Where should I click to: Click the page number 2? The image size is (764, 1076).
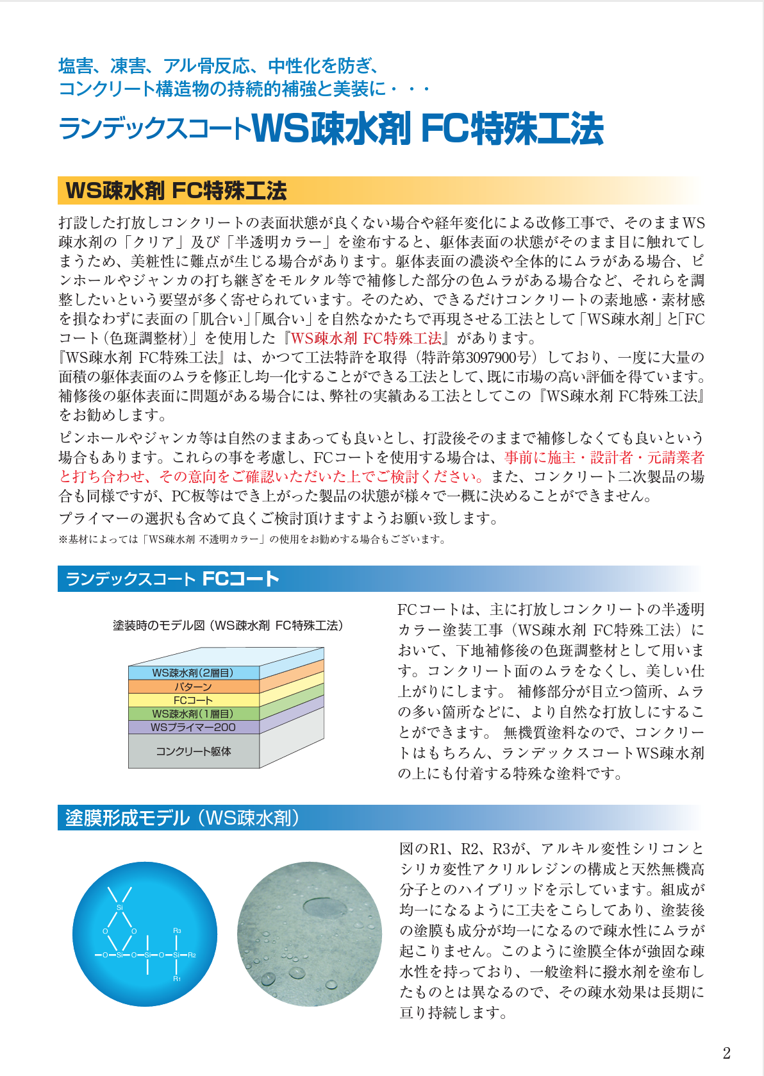(726, 1053)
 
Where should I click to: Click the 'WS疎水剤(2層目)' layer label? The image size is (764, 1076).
(193, 673)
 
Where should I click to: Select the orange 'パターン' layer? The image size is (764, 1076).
(193, 687)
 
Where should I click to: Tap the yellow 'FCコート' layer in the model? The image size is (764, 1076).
(193, 700)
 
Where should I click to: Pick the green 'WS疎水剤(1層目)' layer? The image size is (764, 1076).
(193, 714)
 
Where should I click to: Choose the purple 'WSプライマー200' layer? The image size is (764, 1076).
(193, 727)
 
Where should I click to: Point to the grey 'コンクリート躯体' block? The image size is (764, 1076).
(193, 751)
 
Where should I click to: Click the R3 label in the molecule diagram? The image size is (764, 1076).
(177, 930)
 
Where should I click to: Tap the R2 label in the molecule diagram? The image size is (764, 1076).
(192, 955)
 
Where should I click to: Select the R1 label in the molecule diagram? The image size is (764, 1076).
(177, 979)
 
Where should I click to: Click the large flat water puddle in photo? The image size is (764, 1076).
(324, 907)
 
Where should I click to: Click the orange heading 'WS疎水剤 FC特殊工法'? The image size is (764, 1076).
(176, 190)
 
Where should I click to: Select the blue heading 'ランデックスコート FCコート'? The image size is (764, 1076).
(172, 579)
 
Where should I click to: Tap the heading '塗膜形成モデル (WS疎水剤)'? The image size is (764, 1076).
(182, 818)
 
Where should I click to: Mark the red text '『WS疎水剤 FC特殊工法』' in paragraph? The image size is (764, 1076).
(366, 338)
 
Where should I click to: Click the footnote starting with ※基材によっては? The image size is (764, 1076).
(252, 539)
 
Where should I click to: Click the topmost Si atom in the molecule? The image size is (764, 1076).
(120, 907)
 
